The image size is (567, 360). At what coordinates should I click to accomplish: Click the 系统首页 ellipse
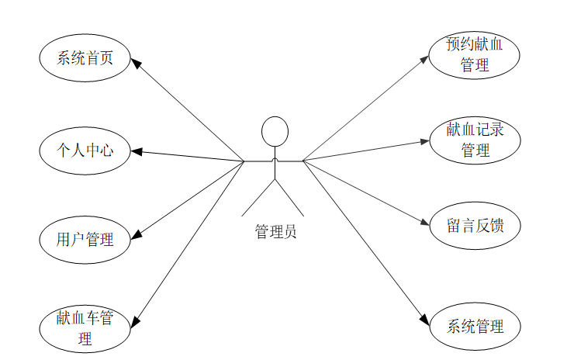click(85, 57)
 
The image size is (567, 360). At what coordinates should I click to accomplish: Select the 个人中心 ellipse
click(85, 150)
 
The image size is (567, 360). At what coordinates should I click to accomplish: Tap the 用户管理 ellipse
click(85, 239)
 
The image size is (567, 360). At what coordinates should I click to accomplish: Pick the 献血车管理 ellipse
click(85, 328)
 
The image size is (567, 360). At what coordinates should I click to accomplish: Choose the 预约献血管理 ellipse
click(474, 54)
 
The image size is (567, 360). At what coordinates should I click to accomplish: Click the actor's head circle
click(275, 131)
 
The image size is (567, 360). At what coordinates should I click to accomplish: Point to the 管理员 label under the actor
click(275, 230)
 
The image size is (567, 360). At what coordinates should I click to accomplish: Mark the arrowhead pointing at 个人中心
click(136, 151)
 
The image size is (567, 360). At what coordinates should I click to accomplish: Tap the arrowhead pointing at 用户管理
click(137, 234)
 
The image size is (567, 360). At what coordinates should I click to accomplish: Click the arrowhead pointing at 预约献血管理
click(425, 58)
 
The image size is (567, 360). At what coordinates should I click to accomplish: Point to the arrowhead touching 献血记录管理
click(424, 141)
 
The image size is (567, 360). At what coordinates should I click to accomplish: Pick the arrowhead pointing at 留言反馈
click(424, 223)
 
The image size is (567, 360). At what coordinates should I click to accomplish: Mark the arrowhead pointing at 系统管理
click(424, 320)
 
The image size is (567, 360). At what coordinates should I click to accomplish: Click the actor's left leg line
click(258, 198)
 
